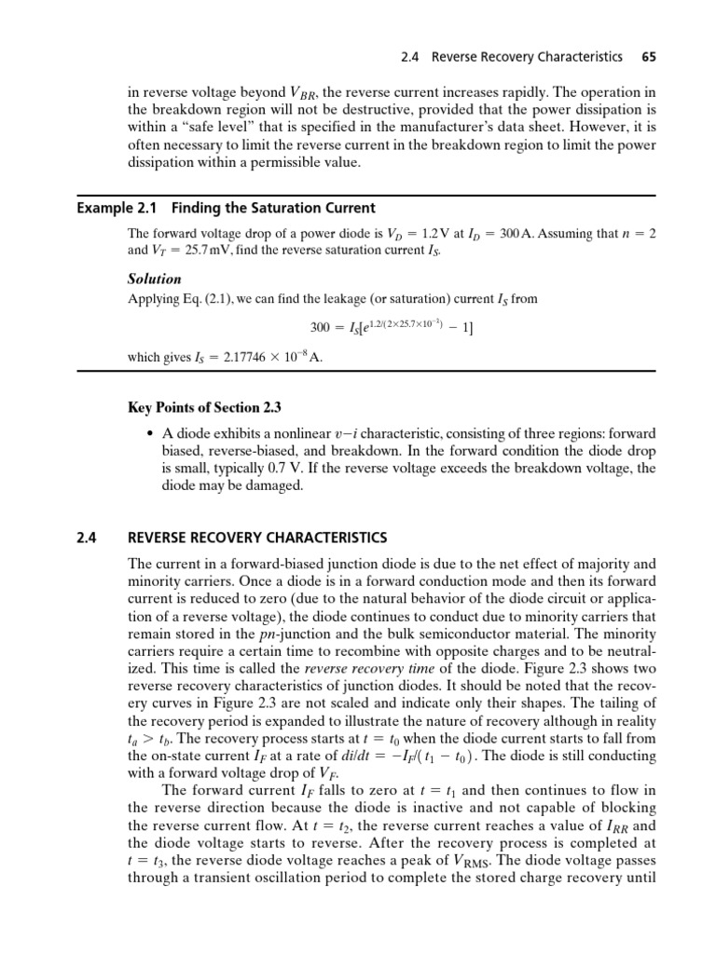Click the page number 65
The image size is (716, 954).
click(x=649, y=57)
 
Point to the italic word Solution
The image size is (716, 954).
click(x=154, y=279)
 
